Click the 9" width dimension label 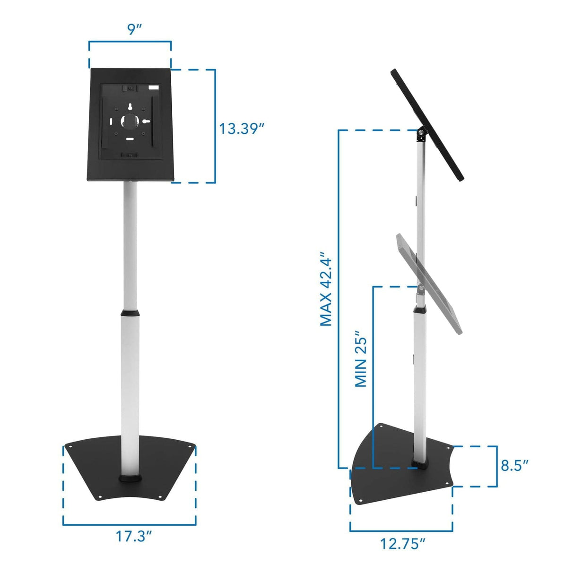134,29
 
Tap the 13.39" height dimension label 241,128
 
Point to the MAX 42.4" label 326,289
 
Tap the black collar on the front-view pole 130,313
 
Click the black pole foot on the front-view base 130,478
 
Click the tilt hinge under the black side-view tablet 419,135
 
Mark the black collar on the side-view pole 420,310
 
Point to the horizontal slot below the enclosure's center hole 130,139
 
